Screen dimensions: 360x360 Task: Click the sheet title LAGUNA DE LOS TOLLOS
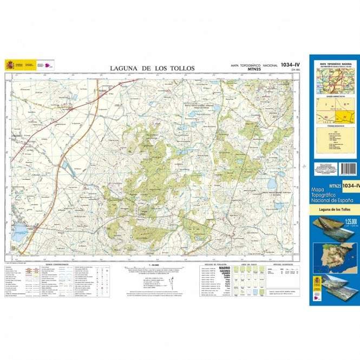[152, 68]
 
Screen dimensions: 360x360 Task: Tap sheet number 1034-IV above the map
[290, 65]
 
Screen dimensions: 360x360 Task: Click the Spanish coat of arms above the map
[10, 65]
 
